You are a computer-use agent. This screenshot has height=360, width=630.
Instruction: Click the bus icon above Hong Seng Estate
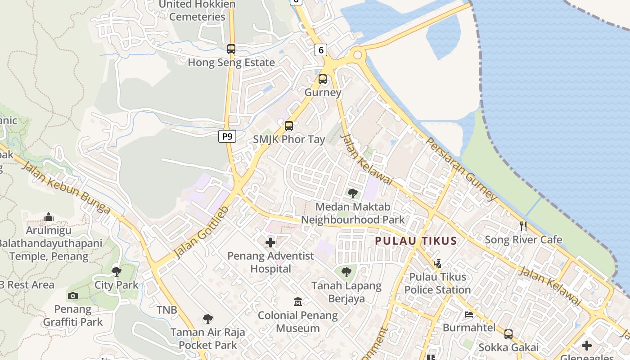(x=231, y=49)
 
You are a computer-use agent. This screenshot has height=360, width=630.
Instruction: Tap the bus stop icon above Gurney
(x=323, y=79)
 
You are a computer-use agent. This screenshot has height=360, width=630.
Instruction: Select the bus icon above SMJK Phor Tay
(x=289, y=126)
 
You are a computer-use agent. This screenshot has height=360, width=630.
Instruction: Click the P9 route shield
(x=227, y=136)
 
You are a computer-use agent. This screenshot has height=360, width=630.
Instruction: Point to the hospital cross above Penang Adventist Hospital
(x=270, y=243)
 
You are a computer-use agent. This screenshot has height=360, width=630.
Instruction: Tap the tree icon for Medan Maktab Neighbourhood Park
(x=353, y=193)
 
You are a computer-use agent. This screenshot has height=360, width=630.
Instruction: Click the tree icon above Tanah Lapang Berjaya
(x=346, y=272)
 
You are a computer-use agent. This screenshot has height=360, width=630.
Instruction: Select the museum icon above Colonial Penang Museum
(x=297, y=301)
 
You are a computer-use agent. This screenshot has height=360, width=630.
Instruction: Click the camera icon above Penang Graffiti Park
(x=72, y=296)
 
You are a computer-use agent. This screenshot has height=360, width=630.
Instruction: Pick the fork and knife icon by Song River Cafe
(x=523, y=226)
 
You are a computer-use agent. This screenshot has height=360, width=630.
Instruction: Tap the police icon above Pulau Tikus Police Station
(x=437, y=263)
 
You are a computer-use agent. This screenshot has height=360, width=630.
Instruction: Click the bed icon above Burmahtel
(x=469, y=314)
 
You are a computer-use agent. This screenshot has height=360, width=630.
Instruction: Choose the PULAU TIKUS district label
(x=416, y=241)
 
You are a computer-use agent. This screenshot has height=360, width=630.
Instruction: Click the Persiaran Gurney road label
(x=461, y=169)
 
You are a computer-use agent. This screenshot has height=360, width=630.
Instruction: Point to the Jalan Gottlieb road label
(x=201, y=232)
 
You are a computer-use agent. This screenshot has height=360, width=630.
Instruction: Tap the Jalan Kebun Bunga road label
(x=66, y=188)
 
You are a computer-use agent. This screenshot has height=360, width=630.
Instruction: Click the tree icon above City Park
(x=117, y=271)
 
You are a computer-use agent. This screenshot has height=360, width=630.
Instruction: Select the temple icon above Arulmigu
(x=49, y=217)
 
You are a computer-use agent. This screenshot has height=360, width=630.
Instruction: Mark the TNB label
(x=166, y=310)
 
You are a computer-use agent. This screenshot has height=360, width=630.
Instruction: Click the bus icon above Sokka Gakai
(x=508, y=334)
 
